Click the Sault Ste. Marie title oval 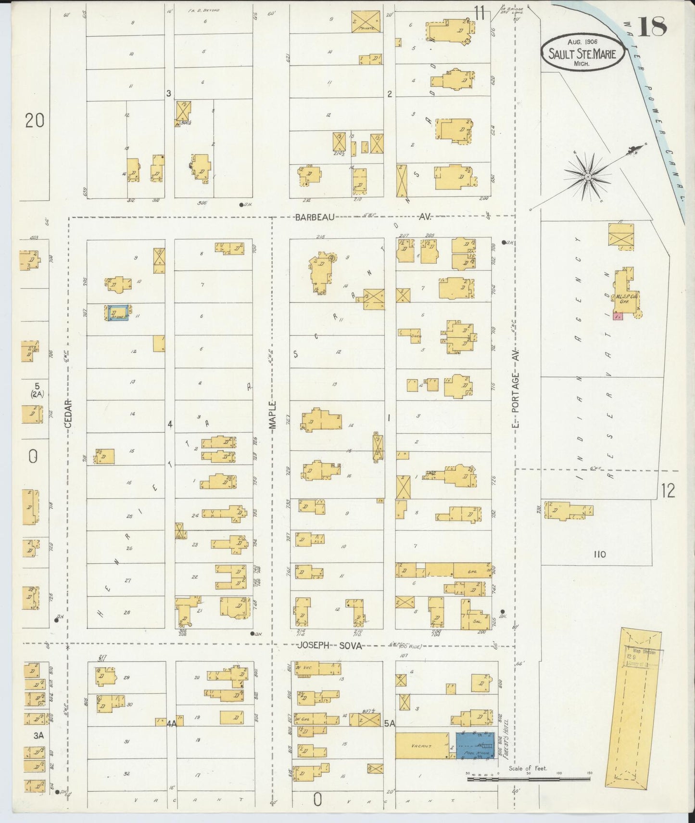(x=582, y=53)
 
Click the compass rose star (x=587, y=178)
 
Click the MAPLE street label (x=273, y=415)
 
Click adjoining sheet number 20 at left (x=35, y=120)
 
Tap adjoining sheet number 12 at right (x=668, y=491)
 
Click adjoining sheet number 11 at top (x=478, y=13)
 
